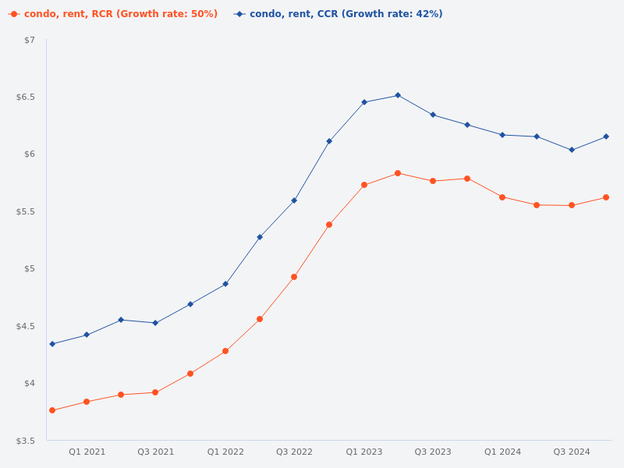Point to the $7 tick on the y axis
click(30, 40)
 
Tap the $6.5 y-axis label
click(27, 97)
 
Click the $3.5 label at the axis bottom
click(27, 441)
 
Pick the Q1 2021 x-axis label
click(87, 452)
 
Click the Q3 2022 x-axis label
click(294, 452)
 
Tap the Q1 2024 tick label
click(502, 452)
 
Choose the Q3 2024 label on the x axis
click(572, 452)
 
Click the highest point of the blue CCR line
click(398, 95)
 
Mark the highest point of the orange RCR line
click(398, 173)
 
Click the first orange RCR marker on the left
click(52, 410)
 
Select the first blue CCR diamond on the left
click(52, 344)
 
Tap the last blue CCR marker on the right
click(606, 136)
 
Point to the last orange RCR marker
click(606, 197)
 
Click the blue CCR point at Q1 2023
click(364, 102)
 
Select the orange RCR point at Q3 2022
click(294, 277)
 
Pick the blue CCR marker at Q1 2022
click(225, 284)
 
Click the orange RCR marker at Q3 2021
click(155, 392)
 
